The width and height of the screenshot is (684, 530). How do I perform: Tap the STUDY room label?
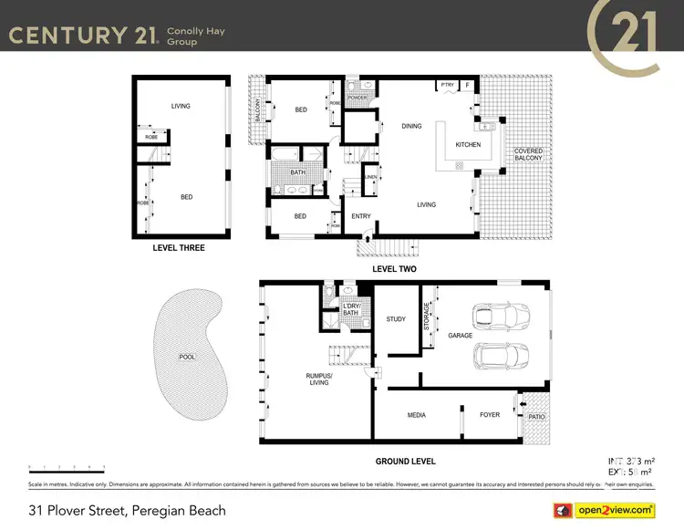(x=396, y=319)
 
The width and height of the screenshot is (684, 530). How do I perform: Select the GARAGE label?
(x=460, y=336)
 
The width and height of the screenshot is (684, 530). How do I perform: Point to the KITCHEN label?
(x=468, y=145)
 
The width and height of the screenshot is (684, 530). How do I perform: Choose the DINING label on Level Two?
(x=411, y=126)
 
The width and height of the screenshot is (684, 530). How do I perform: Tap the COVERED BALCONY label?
(x=528, y=154)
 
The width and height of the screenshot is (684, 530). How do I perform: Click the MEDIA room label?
(x=416, y=415)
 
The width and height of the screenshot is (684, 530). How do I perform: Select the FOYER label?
(x=490, y=415)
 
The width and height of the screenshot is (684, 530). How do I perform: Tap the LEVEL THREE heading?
(x=179, y=248)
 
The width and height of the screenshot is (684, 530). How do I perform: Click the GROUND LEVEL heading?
(x=405, y=462)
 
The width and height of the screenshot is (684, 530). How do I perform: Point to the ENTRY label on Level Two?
(x=361, y=216)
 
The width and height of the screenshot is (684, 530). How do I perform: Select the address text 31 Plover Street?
(x=127, y=510)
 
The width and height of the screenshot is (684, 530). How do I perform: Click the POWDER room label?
(x=357, y=98)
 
